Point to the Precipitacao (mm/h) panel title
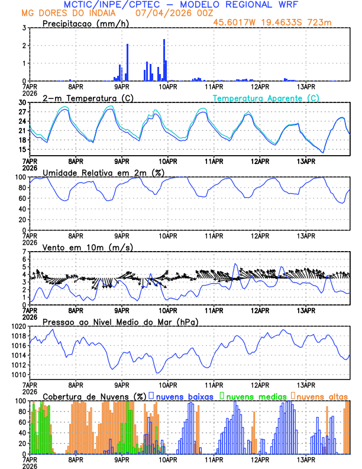point(83,23)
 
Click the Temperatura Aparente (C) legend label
point(266,98)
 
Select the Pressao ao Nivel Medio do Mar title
point(121,322)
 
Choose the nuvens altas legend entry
point(321,396)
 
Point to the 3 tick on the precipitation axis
point(24,28)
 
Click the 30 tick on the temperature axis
point(22,102)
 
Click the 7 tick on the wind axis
point(24,252)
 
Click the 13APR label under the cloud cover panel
point(306,460)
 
